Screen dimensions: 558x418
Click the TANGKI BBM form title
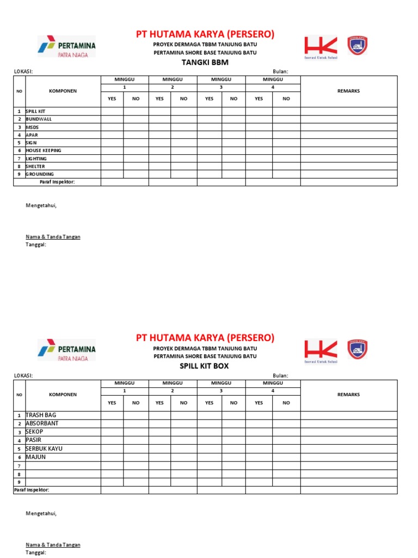coord(205,62)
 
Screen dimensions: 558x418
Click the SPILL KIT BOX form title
coord(205,366)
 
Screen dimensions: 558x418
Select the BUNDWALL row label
coord(39,119)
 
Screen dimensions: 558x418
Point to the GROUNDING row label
coord(40,174)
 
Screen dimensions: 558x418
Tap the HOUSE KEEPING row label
coord(44,150)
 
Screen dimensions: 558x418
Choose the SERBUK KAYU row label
coord(45,448)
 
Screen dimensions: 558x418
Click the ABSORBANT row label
coord(42,423)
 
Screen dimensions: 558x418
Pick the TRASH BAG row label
coord(41,415)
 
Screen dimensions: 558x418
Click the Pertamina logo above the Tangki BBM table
coord(66,46)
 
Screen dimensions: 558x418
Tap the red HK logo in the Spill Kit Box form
coord(321,350)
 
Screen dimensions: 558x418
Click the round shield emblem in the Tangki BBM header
coord(357,46)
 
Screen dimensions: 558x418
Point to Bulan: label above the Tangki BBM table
coord(280,71)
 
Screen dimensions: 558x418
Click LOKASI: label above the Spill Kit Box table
coord(23,375)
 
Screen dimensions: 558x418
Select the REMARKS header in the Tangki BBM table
coord(348,91)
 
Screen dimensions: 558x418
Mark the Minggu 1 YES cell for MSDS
coord(112,127)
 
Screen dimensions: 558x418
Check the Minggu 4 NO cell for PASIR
coord(286,440)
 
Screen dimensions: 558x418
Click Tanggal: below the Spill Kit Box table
coord(36,553)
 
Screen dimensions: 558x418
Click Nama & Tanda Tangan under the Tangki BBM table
coord(53,237)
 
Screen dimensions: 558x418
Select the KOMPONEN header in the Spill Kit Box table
coord(63,395)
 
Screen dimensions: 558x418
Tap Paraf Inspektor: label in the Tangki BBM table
coord(57,182)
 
